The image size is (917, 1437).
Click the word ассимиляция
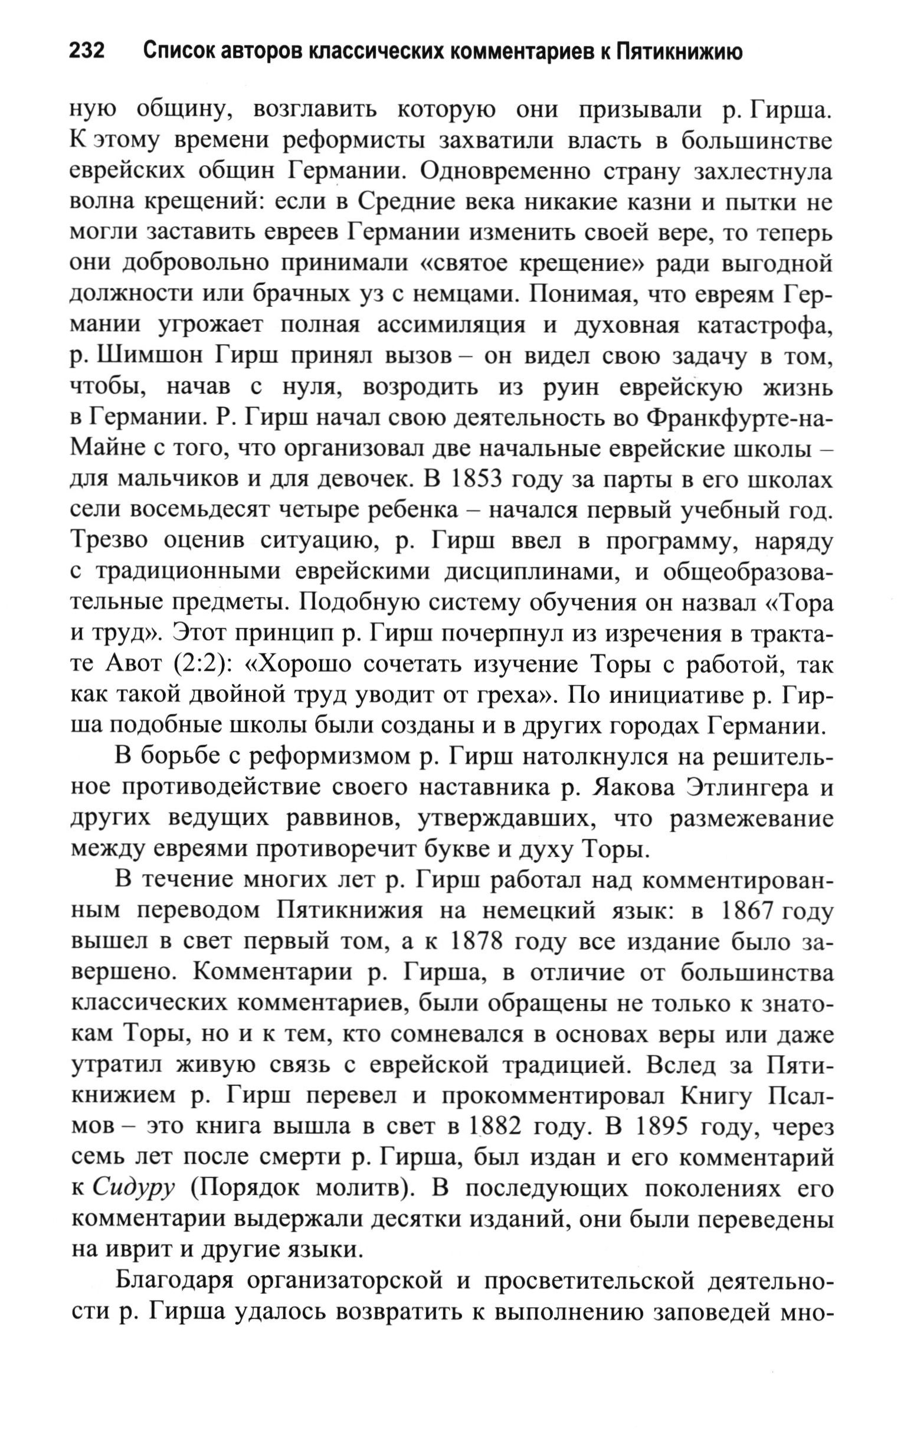coord(451,325)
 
